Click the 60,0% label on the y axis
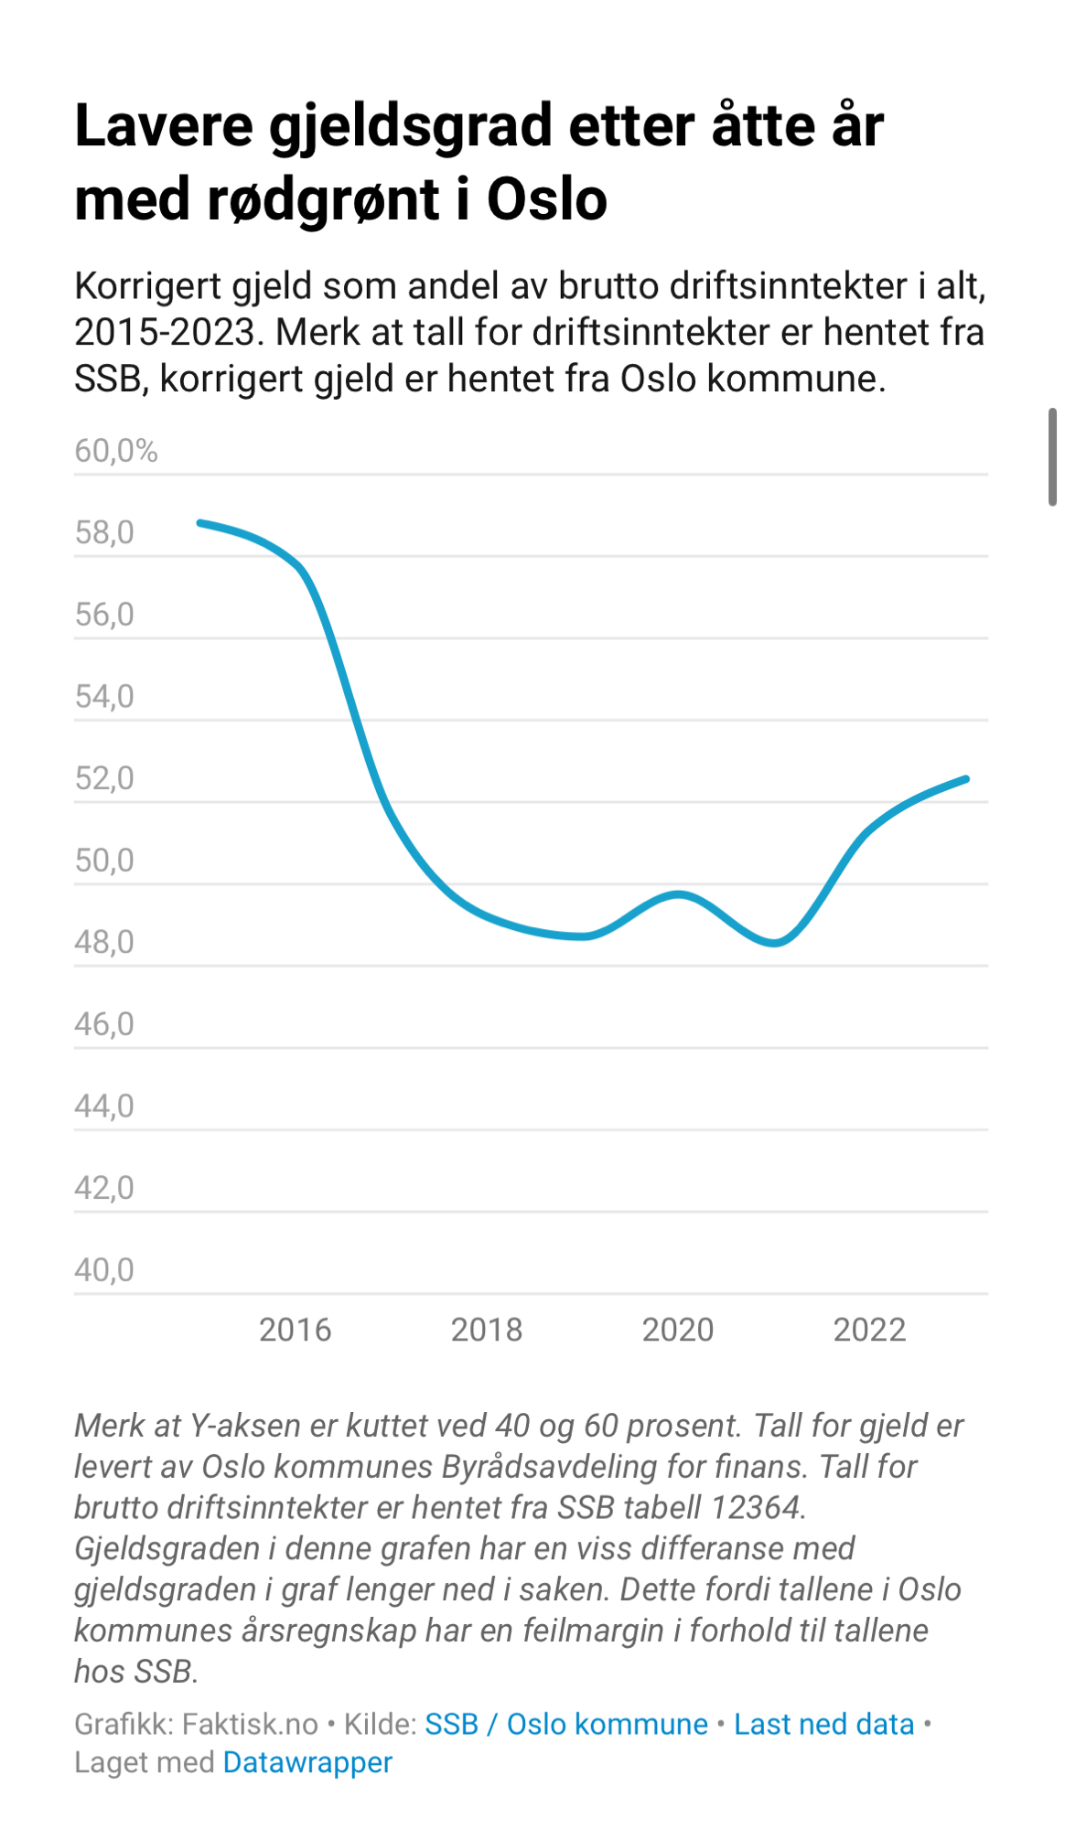(116, 451)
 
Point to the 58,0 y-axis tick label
(104, 532)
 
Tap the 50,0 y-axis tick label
(104, 861)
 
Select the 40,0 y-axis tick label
(104, 1270)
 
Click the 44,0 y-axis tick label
(104, 1107)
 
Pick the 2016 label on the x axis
(295, 1330)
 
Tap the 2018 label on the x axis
(487, 1330)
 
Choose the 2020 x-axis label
(678, 1330)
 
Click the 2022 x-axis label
(869, 1330)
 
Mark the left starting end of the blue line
(201, 523)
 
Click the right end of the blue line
(966, 779)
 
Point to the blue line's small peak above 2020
(679, 893)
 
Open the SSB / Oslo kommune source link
(566, 1724)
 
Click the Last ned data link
(823, 1724)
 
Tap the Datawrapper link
(307, 1762)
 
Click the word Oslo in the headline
(546, 199)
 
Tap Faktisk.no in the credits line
(250, 1724)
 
